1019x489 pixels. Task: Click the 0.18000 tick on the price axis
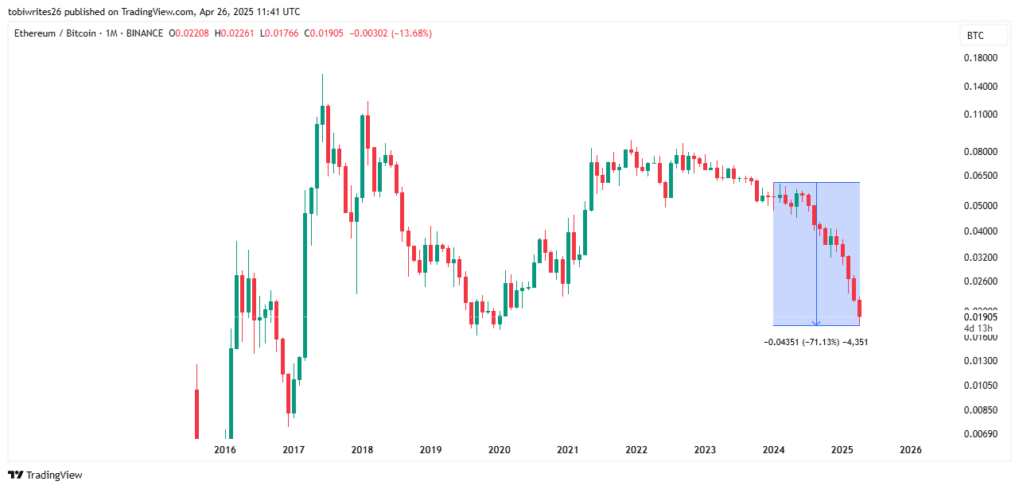980,58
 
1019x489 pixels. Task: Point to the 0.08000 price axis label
980,152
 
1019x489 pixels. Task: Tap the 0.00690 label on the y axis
980,434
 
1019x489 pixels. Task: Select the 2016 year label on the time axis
225,450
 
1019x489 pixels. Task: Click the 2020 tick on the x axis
499,450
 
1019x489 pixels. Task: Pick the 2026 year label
910,450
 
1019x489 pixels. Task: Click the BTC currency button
975,35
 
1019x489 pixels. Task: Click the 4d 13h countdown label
978,328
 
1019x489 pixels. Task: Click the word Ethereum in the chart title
37,33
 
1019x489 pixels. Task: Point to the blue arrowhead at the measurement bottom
816,323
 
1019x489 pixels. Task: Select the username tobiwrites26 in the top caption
37,12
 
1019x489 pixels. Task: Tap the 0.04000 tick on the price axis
980,231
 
